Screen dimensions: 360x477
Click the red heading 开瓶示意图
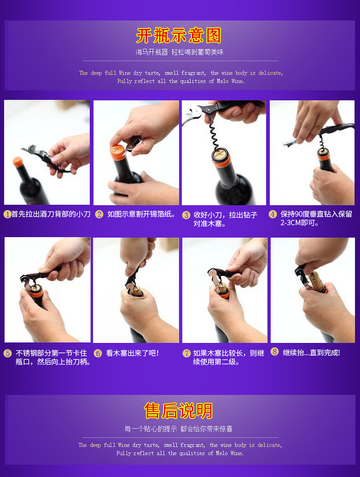[179, 35]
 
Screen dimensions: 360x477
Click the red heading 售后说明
[178, 411]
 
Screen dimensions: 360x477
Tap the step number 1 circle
[7, 214]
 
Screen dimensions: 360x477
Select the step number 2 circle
[99, 214]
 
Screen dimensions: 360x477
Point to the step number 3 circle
[186, 215]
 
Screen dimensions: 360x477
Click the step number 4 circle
[273, 214]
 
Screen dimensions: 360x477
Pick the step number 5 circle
[8, 353]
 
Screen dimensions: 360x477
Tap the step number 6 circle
[98, 353]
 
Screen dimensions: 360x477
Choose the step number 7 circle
[186, 353]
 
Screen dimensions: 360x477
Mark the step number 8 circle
[275, 352]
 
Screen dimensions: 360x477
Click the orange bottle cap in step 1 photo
[18, 162]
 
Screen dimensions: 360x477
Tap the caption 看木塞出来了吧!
[132, 353]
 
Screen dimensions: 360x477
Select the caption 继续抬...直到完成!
[311, 353]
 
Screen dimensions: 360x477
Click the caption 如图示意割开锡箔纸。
[141, 214]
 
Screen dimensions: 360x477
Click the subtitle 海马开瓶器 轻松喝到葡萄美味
[180, 52]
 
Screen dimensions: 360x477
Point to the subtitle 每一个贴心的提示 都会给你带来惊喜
[179, 429]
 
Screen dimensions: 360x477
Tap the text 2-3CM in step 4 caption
[290, 223]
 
